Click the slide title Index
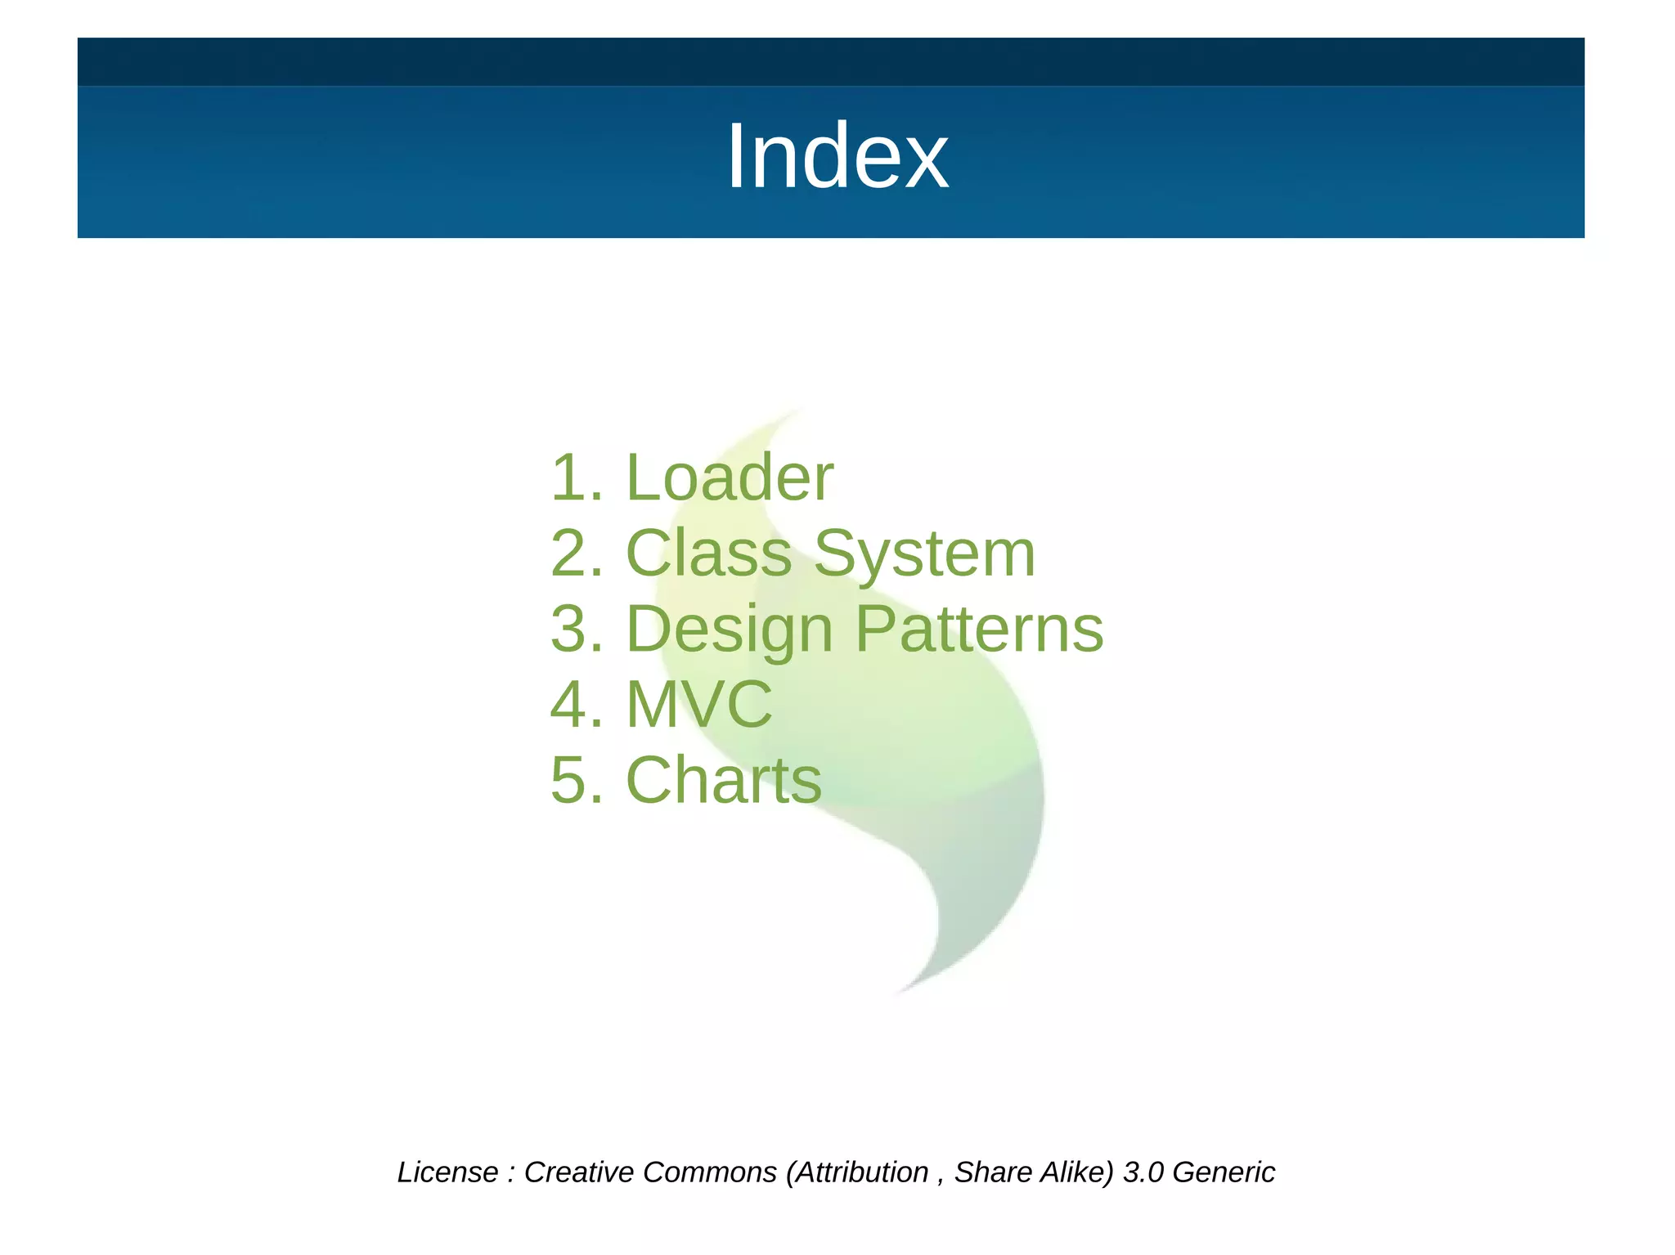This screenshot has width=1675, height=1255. tap(837, 156)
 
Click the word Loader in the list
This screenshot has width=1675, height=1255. tap(730, 477)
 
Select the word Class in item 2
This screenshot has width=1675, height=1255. tap(709, 554)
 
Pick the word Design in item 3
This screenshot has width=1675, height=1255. tap(729, 630)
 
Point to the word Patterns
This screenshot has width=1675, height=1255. tap(979, 629)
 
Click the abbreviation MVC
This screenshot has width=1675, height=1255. tap(699, 704)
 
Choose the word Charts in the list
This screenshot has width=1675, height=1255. tap(724, 780)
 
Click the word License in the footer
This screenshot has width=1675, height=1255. tap(447, 1172)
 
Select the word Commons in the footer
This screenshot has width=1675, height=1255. tap(709, 1172)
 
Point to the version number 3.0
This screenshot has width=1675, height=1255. tap(1143, 1172)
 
